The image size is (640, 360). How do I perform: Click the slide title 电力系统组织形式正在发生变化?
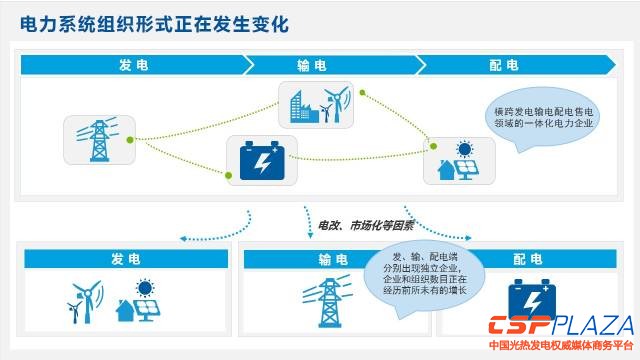point(154,24)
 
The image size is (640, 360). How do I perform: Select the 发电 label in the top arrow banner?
point(133,65)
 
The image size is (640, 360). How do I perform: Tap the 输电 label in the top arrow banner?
point(311,65)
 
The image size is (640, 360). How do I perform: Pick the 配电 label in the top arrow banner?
point(504,65)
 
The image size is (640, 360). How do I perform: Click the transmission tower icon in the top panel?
point(99,140)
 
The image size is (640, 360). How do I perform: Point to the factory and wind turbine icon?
point(320,105)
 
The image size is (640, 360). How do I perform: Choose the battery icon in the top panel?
point(262,161)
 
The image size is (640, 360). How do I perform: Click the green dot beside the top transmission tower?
point(130,140)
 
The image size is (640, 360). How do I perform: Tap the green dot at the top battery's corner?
point(229,176)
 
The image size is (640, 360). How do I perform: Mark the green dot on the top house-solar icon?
point(433,146)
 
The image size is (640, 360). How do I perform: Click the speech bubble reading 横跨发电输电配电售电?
point(542,118)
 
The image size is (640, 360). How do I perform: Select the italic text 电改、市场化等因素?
point(365,226)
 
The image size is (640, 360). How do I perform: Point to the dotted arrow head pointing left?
point(183,239)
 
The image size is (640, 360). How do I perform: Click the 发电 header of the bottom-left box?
point(126,259)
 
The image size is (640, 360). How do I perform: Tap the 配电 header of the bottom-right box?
point(527,259)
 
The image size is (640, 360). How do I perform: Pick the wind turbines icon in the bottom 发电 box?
point(85,301)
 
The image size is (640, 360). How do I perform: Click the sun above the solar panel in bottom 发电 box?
point(145,288)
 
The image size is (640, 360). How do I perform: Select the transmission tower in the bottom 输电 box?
point(327,302)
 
